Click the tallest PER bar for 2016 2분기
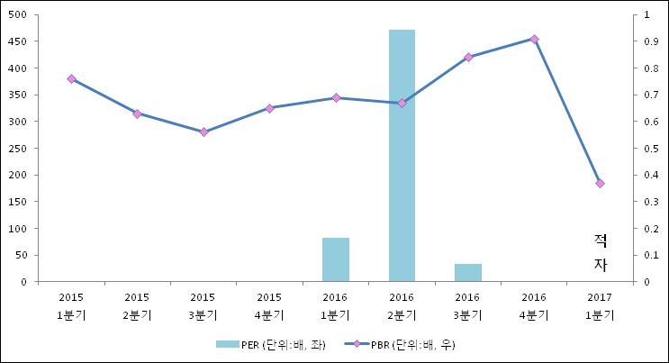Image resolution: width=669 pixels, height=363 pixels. (x=402, y=155)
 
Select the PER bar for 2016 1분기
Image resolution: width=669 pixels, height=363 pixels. (x=335, y=259)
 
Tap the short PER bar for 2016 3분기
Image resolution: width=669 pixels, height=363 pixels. (x=467, y=272)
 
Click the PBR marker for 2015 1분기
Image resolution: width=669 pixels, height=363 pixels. (x=71, y=79)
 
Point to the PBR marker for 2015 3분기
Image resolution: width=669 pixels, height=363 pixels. (x=203, y=132)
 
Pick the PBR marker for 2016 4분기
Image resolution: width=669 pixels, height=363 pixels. (x=534, y=39)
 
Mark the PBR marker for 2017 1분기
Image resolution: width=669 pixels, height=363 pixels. (x=600, y=183)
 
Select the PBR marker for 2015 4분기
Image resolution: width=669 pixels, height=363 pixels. (x=269, y=108)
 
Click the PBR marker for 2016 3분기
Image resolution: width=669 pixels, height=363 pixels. (x=468, y=57)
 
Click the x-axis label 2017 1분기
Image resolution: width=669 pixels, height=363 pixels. (x=600, y=306)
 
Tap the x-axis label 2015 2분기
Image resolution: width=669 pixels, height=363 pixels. (x=137, y=306)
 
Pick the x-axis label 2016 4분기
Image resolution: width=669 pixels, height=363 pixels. (x=534, y=306)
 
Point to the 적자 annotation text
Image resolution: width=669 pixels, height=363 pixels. (x=601, y=252)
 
